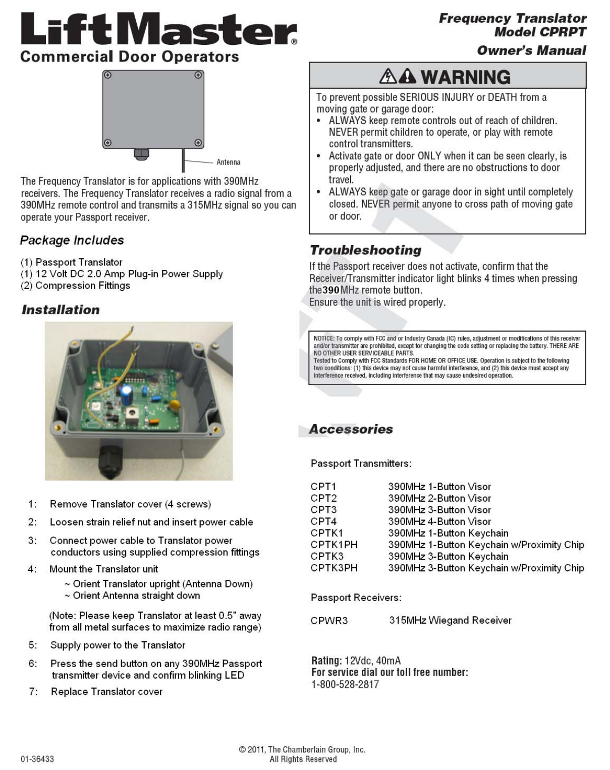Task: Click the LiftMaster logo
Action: [158, 29]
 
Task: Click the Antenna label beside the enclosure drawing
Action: [228, 162]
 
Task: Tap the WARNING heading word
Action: [465, 77]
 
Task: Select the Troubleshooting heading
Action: [365, 250]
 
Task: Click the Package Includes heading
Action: [72, 240]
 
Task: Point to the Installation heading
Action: [61, 310]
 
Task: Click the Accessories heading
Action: [351, 429]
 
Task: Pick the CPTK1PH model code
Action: [334, 545]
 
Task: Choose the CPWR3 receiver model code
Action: [329, 620]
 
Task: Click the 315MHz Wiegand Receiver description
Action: [450, 620]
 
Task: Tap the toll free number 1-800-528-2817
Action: [345, 684]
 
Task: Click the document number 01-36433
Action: [37, 759]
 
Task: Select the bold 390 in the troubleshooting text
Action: [331, 290]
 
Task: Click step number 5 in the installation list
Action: [33, 645]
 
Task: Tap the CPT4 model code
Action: [323, 521]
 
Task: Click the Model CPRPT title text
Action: [540, 32]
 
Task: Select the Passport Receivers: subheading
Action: [356, 598]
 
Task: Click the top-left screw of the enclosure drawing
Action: [107, 75]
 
